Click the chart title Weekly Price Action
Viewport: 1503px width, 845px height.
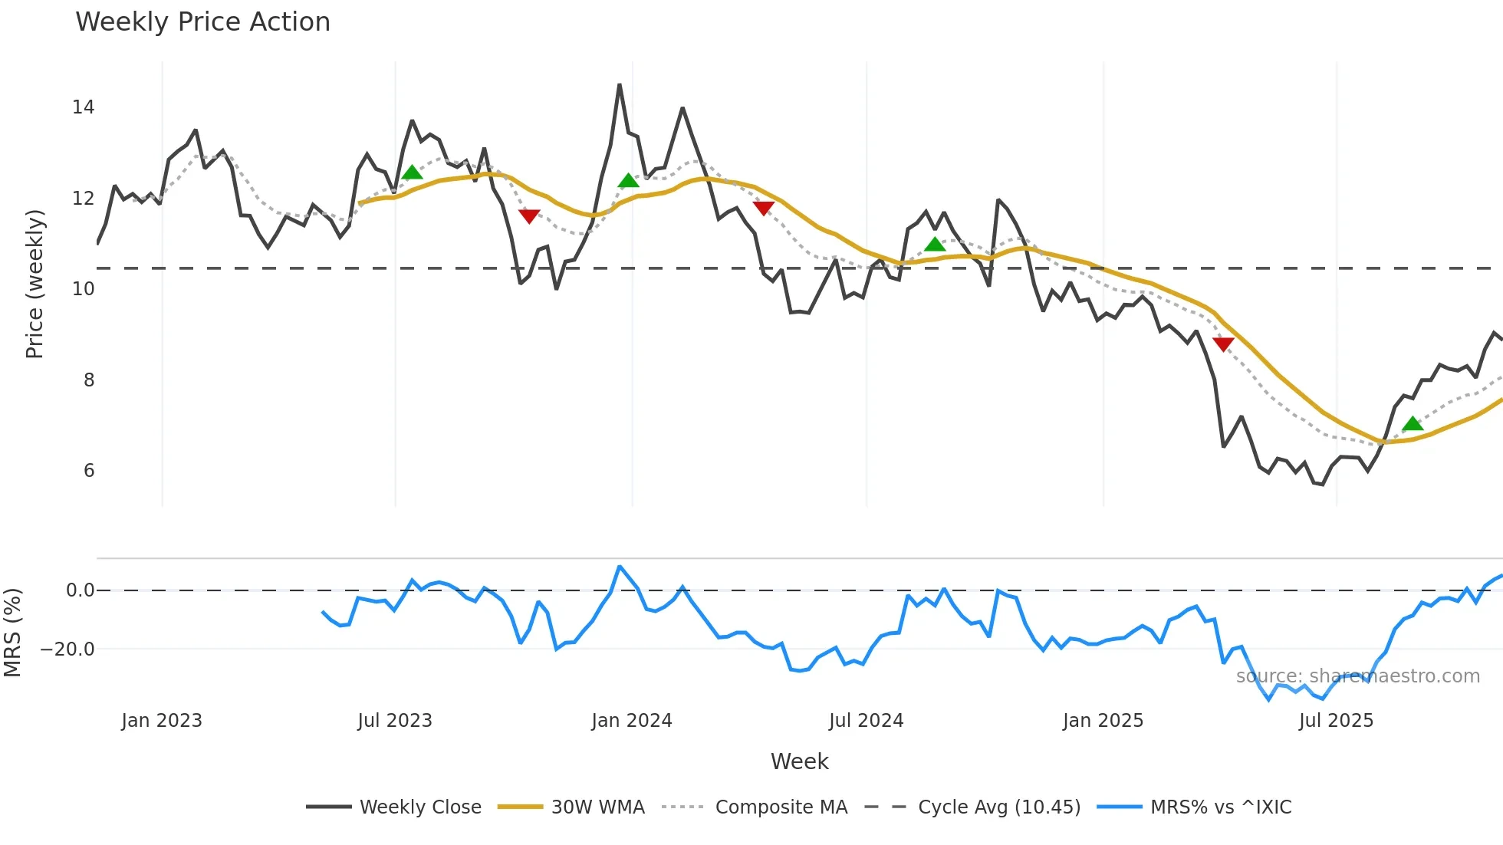202,22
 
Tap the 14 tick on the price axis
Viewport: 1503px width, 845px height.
84,107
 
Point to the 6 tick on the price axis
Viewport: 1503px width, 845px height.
89,471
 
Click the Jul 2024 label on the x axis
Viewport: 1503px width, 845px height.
866,721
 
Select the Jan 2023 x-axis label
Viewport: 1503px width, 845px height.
162,721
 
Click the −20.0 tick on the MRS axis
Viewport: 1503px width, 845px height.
67,649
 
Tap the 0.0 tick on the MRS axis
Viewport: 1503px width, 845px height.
80,590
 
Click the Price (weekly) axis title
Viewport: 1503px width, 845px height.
35,284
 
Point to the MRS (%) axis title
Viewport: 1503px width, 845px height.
12,633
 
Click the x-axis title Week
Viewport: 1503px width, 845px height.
799,761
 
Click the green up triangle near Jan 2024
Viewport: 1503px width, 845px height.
629,181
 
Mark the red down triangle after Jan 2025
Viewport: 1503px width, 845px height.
1223,344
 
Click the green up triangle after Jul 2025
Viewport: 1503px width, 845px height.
1413,423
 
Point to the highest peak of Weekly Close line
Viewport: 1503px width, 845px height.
620,85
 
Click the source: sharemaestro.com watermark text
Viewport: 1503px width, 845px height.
1357,676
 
